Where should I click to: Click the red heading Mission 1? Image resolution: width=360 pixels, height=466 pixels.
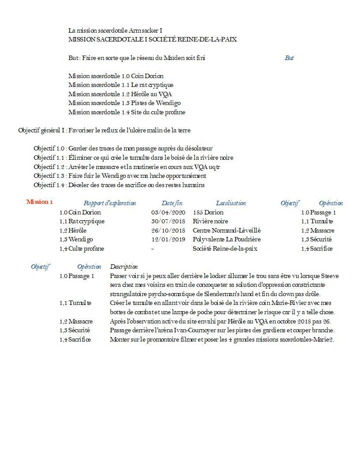click(x=40, y=202)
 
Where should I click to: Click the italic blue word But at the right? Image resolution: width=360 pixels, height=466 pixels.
click(x=289, y=58)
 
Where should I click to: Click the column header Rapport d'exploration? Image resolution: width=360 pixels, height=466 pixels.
click(x=110, y=203)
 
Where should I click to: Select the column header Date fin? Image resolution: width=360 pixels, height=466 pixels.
click(x=172, y=203)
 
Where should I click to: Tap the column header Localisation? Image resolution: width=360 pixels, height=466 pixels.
click(x=231, y=203)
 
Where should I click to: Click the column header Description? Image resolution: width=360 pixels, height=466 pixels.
click(x=124, y=267)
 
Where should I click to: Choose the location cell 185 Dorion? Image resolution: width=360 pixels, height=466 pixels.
click(x=208, y=212)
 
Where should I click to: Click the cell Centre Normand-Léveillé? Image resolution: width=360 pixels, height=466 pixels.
click(x=227, y=230)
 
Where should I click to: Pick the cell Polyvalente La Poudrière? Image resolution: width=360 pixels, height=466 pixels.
click(x=227, y=240)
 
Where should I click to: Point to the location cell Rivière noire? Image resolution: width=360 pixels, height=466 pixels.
click(x=210, y=222)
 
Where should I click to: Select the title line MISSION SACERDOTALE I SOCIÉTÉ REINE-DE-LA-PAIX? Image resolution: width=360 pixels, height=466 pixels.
click(x=152, y=40)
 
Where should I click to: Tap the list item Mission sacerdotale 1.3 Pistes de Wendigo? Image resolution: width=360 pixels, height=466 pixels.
click(x=124, y=103)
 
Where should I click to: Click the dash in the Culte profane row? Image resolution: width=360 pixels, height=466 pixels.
click(x=152, y=249)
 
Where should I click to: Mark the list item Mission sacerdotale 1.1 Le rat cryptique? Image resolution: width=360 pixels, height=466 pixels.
click(x=121, y=85)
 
